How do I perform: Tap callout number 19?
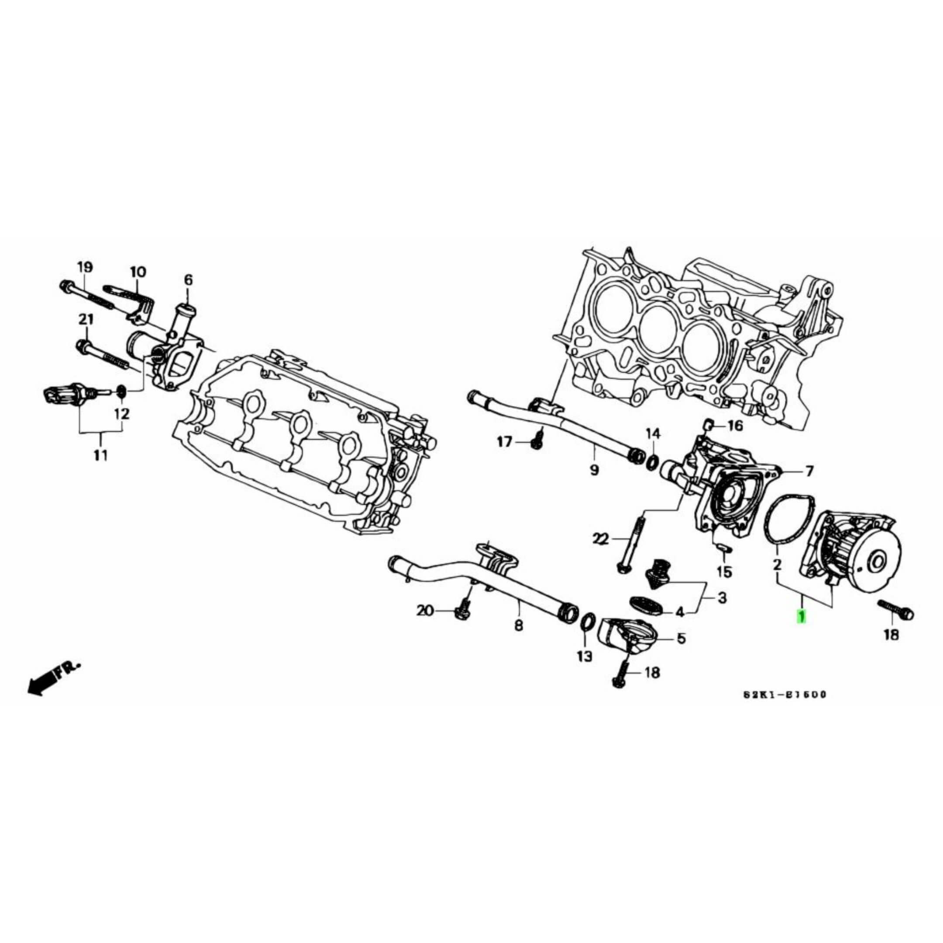click(x=84, y=268)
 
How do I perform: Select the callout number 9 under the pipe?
click(x=594, y=470)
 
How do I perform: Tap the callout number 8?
click(x=518, y=625)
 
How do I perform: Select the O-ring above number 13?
click(x=588, y=623)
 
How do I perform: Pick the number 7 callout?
click(x=809, y=471)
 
